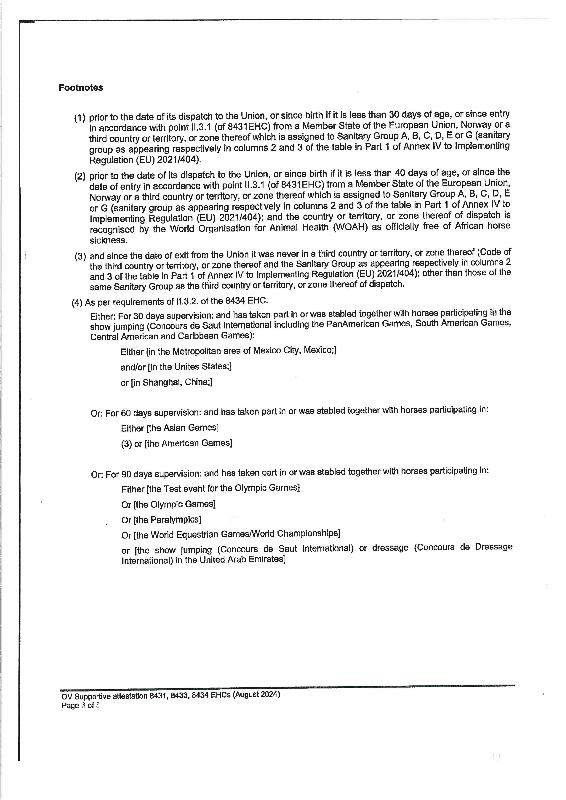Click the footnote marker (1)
pos(79,118)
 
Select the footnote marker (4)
pos(77,302)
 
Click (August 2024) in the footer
pos(256,694)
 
